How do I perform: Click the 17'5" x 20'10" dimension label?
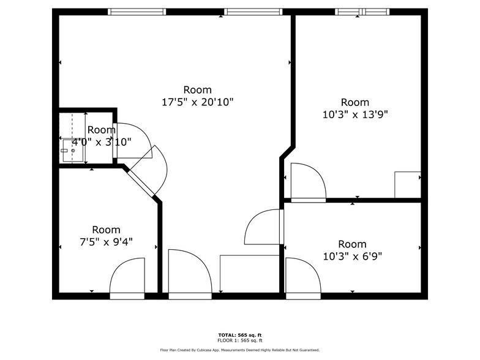[197, 102]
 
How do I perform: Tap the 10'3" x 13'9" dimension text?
[355, 114]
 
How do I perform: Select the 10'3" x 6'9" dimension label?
[353, 256]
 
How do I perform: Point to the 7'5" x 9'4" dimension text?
[107, 242]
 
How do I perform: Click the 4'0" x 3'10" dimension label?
[102, 142]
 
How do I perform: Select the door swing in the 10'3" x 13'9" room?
[309, 181]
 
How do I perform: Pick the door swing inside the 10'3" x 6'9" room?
[303, 276]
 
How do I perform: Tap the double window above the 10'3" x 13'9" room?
[362, 12]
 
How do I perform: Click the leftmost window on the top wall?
[137, 12]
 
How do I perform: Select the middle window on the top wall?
[253, 12]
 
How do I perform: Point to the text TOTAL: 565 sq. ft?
[240, 336]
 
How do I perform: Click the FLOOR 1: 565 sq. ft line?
[240, 340]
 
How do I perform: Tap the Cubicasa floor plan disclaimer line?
[240, 350]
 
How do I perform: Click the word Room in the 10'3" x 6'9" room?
[353, 244]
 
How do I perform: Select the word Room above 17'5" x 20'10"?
[197, 89]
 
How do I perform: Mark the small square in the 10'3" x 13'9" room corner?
[408, 185]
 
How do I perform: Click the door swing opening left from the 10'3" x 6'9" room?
[262, 227]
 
